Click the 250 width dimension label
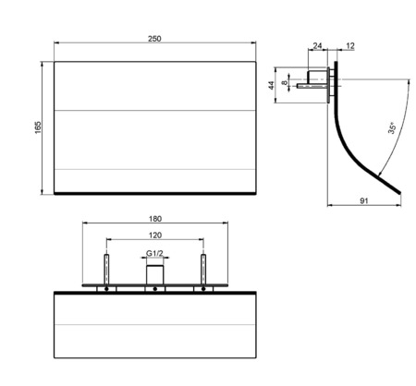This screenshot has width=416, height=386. click(154, 39)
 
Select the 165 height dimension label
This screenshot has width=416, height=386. click(38, 127)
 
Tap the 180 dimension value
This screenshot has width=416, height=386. click(155, 219)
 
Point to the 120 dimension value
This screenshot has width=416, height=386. click(155, 235)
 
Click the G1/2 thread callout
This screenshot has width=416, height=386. click(154, 253)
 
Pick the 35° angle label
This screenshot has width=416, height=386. click(392, 127)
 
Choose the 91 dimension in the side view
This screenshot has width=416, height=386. click(364, 200)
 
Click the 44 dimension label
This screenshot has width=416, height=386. click(271, 85)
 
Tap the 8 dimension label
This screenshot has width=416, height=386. click(285, 82)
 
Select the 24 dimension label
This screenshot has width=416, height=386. click(317, 46)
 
